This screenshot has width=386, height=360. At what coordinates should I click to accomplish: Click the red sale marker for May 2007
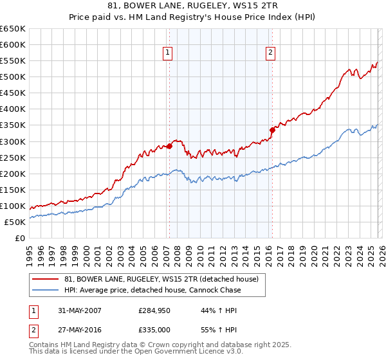[x=170, y=147]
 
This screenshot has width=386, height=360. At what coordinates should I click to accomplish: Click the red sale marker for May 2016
[x=272, y=130]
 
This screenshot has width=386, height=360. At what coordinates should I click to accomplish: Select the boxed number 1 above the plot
[x=167, y=53]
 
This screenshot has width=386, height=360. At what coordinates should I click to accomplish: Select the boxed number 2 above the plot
[x=270, y=53]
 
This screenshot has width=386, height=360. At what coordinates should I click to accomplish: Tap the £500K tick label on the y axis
[x=12, y=77]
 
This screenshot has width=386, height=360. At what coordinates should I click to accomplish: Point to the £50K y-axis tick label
[x=14, y=222]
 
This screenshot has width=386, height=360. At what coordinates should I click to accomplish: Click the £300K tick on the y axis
[x=12, y=141]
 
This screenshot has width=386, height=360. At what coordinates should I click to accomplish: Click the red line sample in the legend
[x=46, y=279]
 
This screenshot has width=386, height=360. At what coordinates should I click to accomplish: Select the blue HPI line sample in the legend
[x=46, y=290]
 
